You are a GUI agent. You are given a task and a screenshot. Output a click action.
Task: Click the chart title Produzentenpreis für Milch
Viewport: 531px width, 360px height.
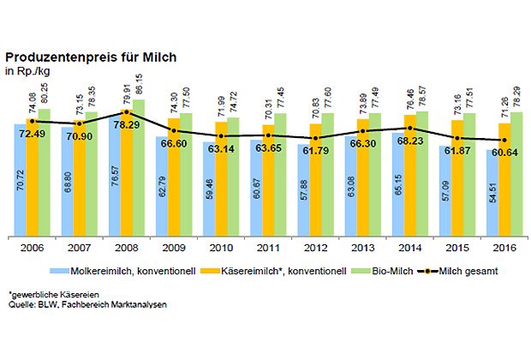coord(92,57)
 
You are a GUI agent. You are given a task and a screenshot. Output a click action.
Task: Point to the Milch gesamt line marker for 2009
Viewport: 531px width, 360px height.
coord(174,130)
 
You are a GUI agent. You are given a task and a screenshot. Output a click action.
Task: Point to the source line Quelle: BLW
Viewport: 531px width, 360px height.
coord(73,304)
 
